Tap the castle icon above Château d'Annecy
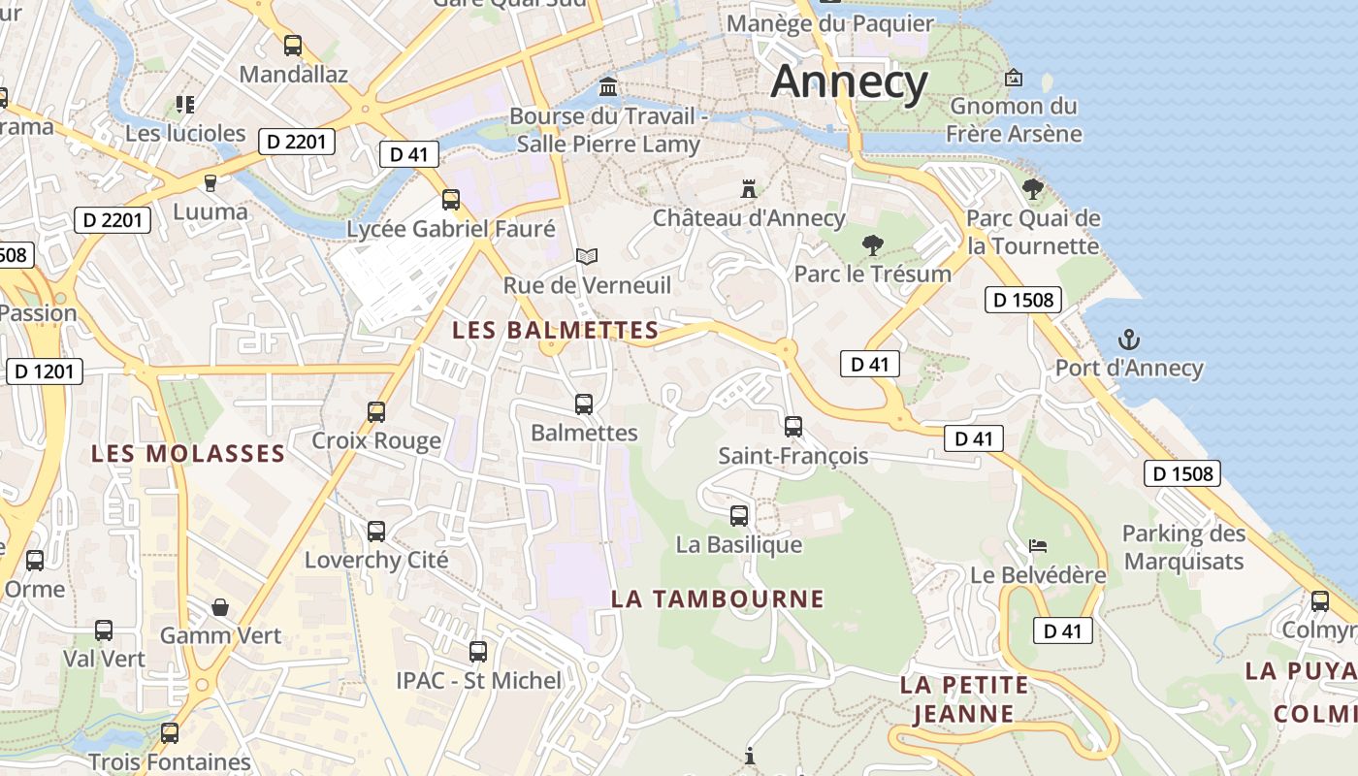tap(748, 188)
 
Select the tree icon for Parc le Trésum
tap(872, 244)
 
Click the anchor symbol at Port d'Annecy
tap(1128, 339)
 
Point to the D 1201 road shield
tap(45, 372)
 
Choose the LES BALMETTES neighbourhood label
tap(556, 330)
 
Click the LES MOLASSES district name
tap(188, 453)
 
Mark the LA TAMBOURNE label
tap(717, 598)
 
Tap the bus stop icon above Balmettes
tap(583, 404)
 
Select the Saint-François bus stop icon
tap(792, 426)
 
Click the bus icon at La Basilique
tap(738, 515)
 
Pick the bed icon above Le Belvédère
tap(1038, 546)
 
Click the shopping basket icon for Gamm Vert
tap(220, 607)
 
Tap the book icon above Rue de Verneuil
tap(586, 256)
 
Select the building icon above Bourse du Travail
tap(608, 87)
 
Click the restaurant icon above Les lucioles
tap(185, 104)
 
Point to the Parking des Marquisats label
tap(1183, 547)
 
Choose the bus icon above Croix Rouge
tap(375, 411)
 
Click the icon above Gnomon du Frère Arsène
tap(1014, 78)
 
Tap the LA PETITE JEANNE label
tap(963, 699)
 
